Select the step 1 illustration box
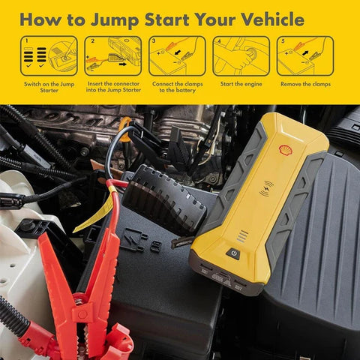(49, 55)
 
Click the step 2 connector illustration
(112, 55)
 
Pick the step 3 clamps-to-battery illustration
(177, 55)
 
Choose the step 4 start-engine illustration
(241, 55)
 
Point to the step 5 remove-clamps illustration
(305, 55)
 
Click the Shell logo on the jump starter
(285, 150)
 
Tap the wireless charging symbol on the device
(267, 190)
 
